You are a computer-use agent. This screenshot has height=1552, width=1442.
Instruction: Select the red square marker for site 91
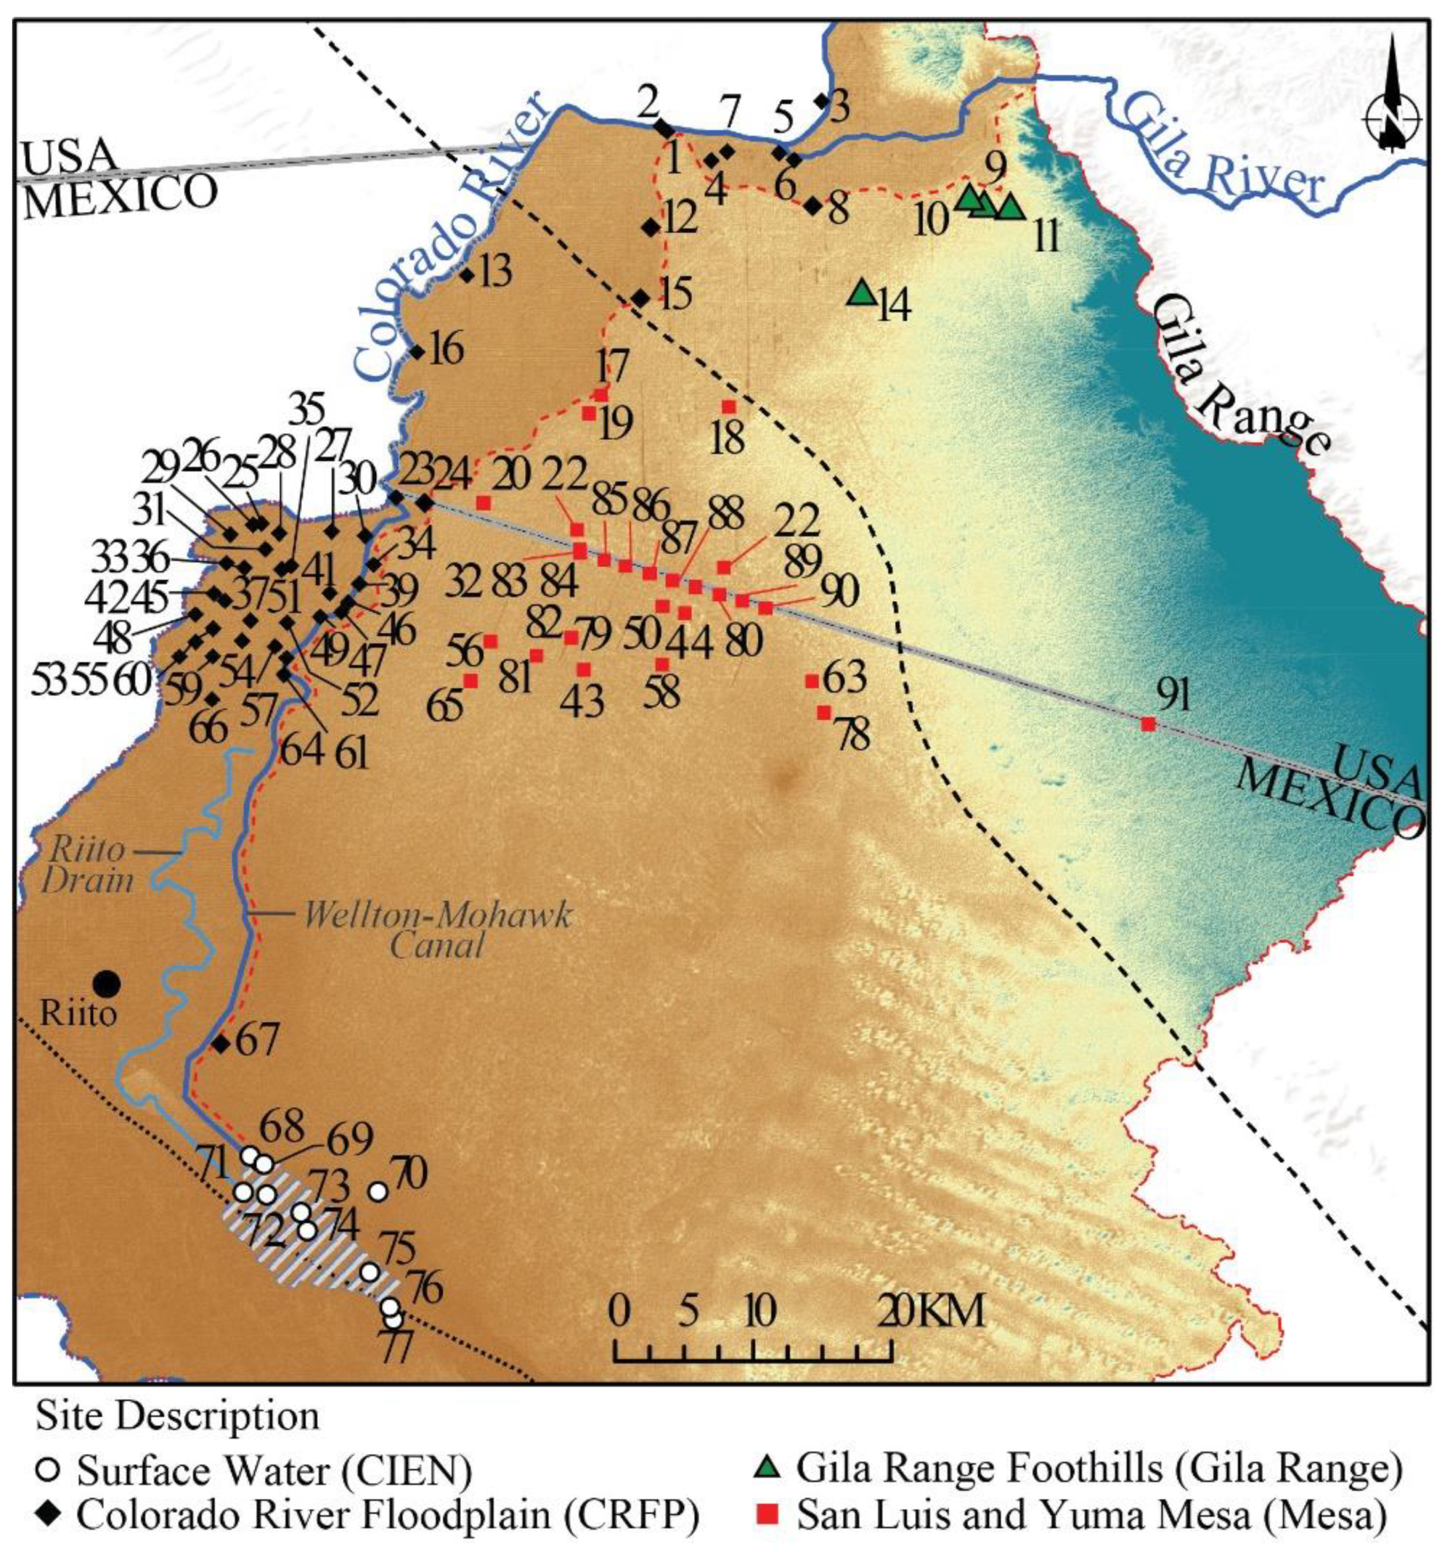coord(1147,724)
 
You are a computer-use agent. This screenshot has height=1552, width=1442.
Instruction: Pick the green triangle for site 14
coord(861,293)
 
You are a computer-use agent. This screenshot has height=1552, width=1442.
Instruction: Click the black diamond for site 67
coord(221,1043)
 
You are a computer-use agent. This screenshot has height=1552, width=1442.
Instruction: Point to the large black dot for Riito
coord(106,983)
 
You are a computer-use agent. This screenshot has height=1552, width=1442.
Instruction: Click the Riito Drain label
coord(87,865)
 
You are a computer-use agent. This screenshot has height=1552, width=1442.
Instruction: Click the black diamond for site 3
coord(820,101)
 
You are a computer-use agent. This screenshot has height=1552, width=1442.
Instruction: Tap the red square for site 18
coord(728,407)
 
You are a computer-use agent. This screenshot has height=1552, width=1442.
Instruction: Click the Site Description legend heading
coord(177,1416)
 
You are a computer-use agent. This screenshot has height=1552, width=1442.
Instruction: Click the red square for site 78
coord(823,712)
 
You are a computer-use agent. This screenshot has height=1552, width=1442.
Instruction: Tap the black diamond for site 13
coord(467,275)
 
